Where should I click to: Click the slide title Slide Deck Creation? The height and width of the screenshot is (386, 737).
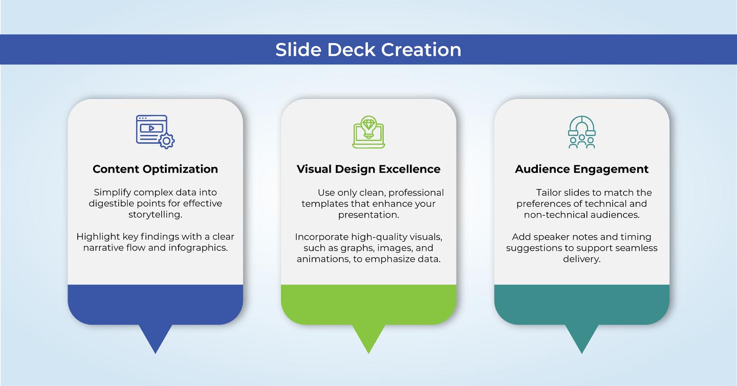[368, 50]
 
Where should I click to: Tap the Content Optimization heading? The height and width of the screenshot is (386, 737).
[155, 169]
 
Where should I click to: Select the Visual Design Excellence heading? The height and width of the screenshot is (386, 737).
[368, 169]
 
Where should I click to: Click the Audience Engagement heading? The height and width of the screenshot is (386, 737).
[582, 169]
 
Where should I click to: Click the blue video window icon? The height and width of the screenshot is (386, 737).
[151, 130]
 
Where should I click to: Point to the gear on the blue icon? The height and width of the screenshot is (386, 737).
[166, 141]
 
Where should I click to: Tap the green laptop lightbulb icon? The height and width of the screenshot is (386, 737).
[368, 132]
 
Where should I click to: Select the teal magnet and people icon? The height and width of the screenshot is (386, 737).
[582, 132]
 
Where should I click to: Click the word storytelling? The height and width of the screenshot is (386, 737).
[155, 215]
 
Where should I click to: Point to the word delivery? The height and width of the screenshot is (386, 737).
[582, 260]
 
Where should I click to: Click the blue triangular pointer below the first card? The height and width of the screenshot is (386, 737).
[155, 337]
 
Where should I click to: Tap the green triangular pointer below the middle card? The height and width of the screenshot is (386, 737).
[368, 337]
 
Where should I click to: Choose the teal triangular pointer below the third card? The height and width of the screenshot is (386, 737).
[582, 337]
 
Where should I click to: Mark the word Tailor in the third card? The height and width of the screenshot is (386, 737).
[548, 192]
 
